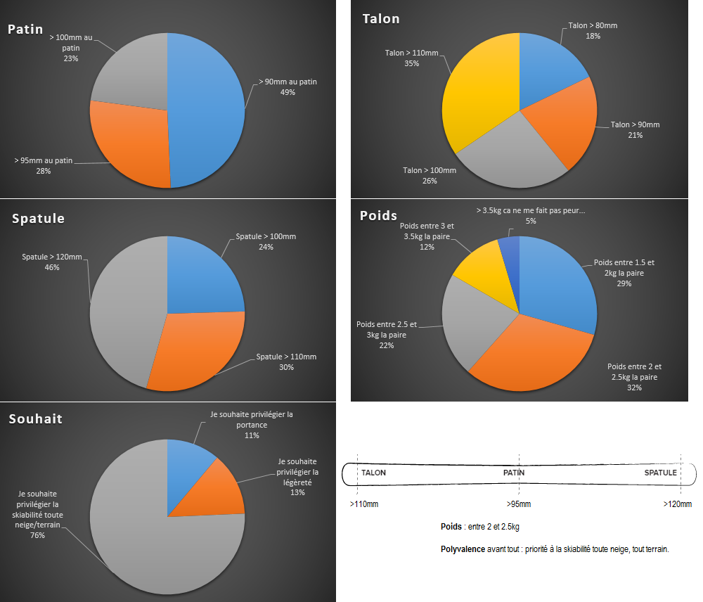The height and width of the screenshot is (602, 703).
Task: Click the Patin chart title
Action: pyautogui.click(x=25, y=30)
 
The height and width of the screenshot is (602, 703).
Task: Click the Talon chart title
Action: pyautogui.click(x=380, y=19)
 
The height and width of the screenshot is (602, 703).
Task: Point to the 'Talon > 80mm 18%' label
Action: pyautogui.click(x=592, y=31)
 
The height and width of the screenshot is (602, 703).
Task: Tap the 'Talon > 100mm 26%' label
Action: pyautogui.click(x=430, y=175)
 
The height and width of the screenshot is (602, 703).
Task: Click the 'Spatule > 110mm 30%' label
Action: pyautogui.click(x=286, y=361)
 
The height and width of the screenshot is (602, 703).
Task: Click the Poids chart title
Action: pyautogui.click(x=378, y=215)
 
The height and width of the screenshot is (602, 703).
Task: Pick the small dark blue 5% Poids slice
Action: pyautogui.click(x=510, y=248)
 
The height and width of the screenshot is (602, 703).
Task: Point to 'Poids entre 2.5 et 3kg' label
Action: pyautogui.click(x=387, y=330)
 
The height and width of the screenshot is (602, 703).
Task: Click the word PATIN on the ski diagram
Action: pyautogui.click(x=514, y=473)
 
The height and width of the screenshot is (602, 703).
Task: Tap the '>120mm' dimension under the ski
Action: pyautogui.click(x=677, y=504)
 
